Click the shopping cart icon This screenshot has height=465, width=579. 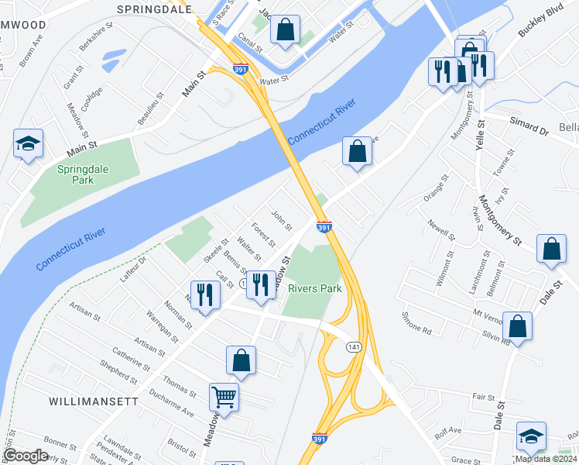[x=224, y=397]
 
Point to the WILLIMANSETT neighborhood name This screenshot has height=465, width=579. [x=94, y=401]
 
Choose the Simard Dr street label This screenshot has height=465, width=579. [x=529, y=127]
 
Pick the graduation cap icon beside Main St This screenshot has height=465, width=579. [x=28, y=143]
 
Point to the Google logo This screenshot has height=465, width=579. [x=25, y=456]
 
